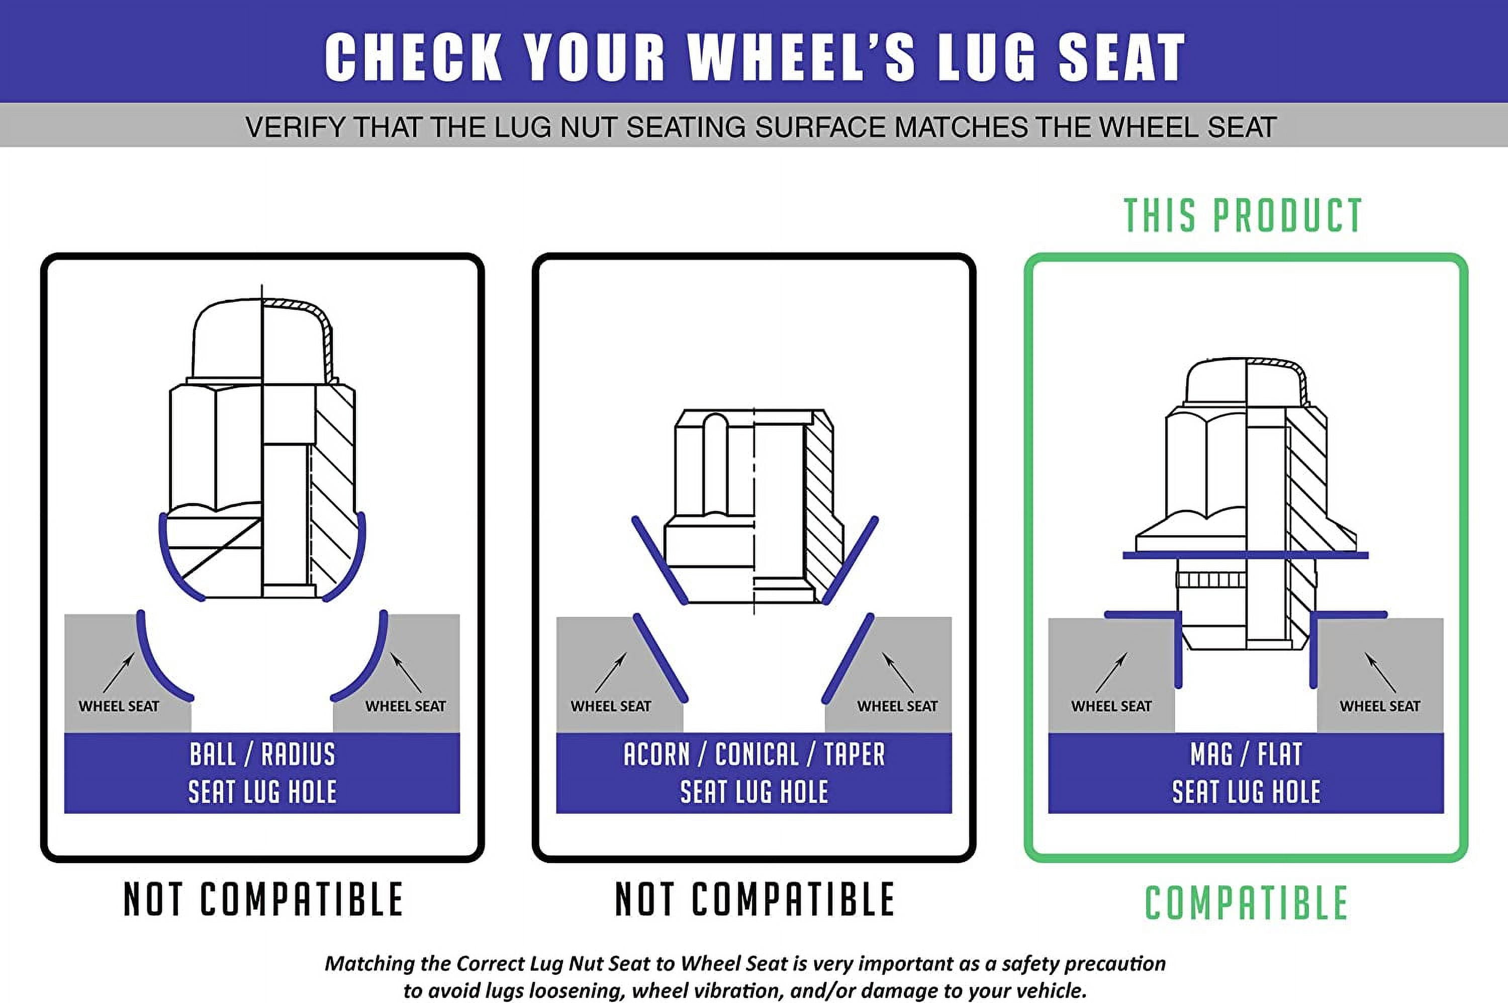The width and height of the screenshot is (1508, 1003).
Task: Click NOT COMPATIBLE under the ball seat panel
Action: pyautogui.click(x=263, y=899)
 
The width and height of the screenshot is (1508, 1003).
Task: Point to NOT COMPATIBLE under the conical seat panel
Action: pyautogui.click(x=755, y=899)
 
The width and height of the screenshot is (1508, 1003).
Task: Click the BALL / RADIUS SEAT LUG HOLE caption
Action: pyautogui.click(x=262, y=773)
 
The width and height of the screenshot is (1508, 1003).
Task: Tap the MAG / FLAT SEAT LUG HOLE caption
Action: pyautogui.click(x=1246, y=773)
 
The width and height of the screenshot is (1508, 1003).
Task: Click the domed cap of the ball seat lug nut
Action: pyautogui.click(x=262, y=339)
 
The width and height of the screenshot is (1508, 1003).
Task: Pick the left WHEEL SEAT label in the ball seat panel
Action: pyautogui.click(x=119, y=706)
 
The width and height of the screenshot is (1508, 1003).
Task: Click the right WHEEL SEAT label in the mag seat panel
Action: pyautogui.click(x=1379, y=706)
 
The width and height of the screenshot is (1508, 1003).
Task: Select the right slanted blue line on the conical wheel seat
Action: pyautogui.click(x=847, y=658)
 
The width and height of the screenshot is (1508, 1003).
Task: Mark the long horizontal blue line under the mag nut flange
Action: pyautogui.click(x=1245, y=555)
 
